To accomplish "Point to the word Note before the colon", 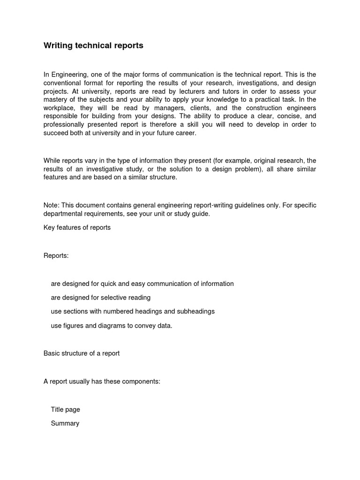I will point(51,205).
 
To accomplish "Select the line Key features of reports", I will point(77,228).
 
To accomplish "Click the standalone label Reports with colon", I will point(56,255).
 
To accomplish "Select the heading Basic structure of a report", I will point(82,353).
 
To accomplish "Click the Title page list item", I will point(65,409).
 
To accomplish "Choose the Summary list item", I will point(65,423).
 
